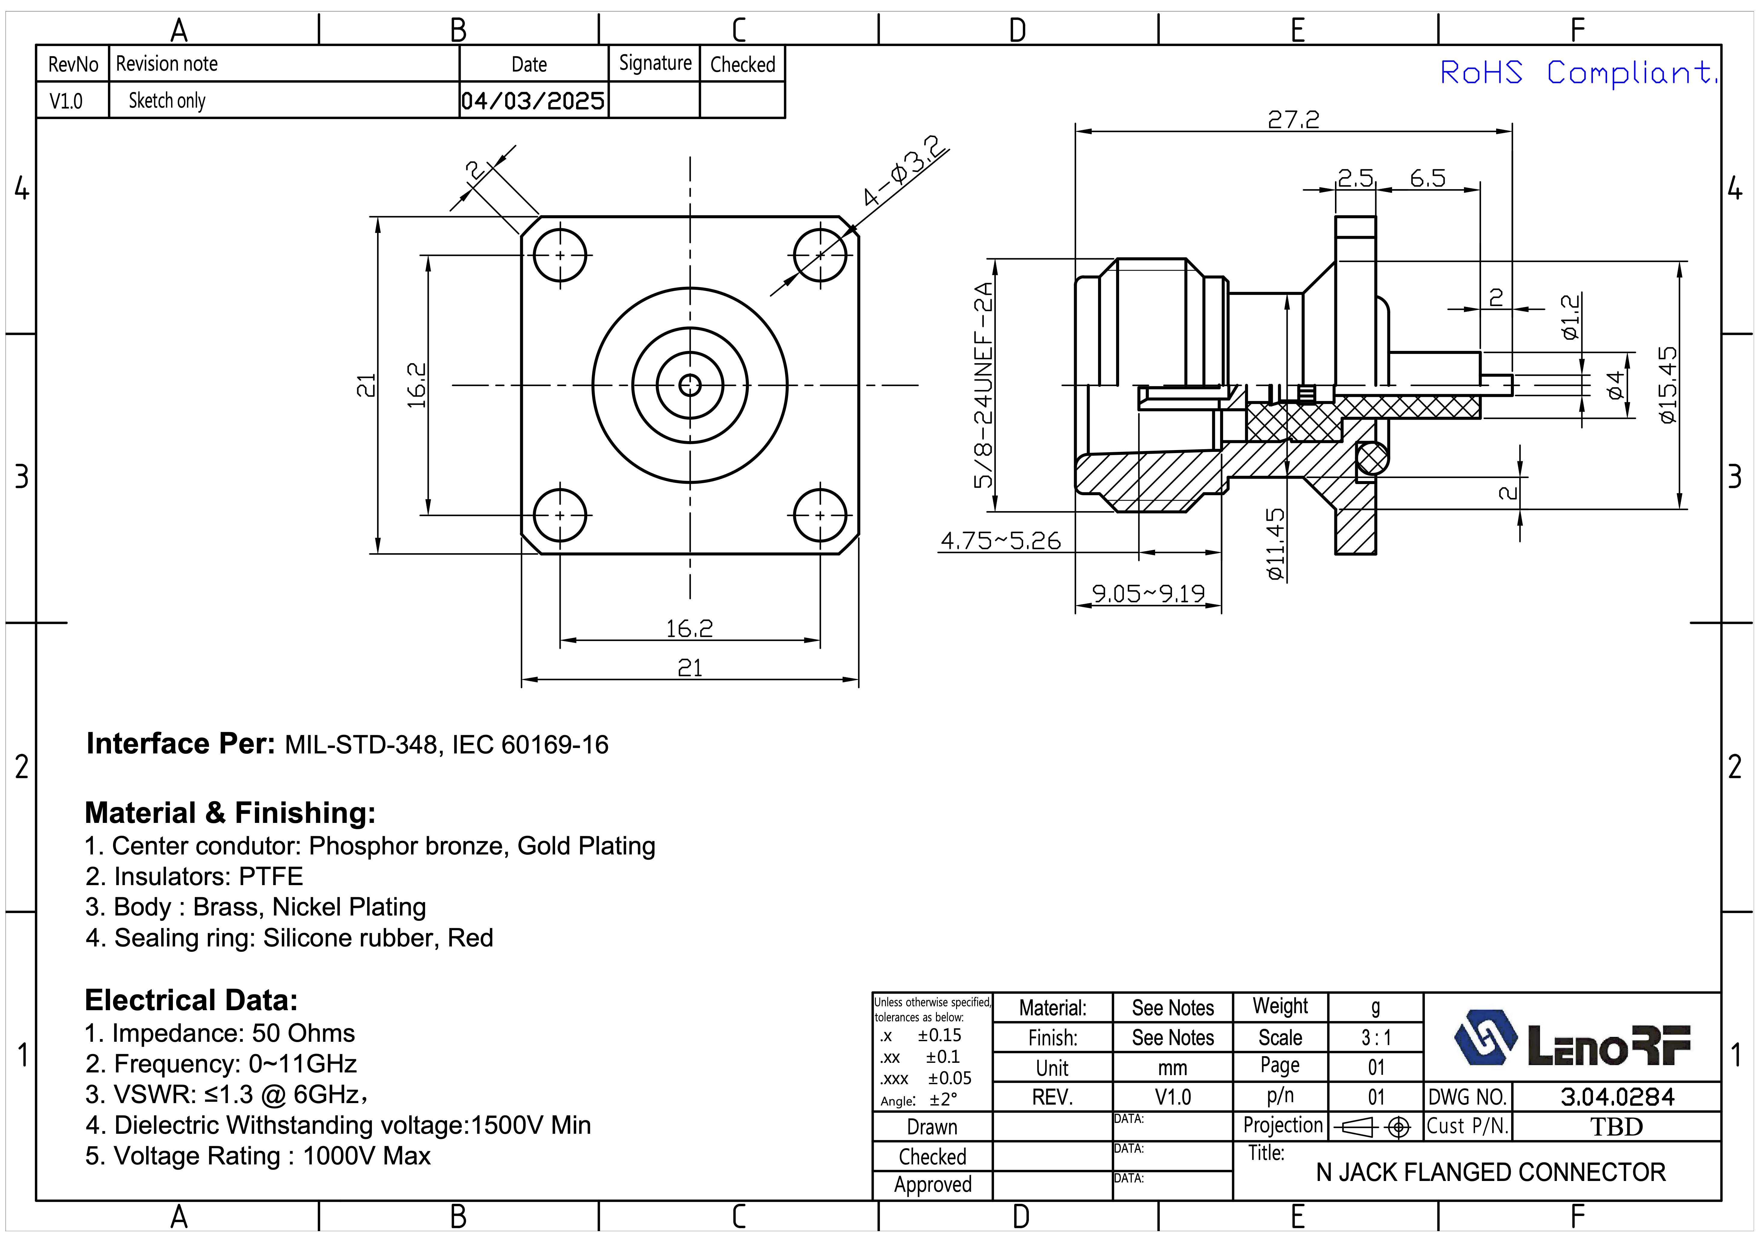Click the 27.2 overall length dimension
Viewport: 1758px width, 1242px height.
(x=1293, y=119)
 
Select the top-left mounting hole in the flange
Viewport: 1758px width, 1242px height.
(x=560, y=255)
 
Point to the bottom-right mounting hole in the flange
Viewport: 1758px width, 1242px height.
(x=820, y=515)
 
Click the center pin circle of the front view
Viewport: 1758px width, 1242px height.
(x=690, y=385)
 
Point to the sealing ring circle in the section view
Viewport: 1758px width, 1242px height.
(x=1371, y=460)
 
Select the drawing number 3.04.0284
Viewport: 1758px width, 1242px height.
(x=1617, y=1096)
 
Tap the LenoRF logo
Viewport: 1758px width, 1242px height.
(x=1571, y=1039)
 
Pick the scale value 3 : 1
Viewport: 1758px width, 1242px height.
(x=1376, y=1038)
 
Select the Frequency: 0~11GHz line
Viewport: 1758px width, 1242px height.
(x=221, y=1064)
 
